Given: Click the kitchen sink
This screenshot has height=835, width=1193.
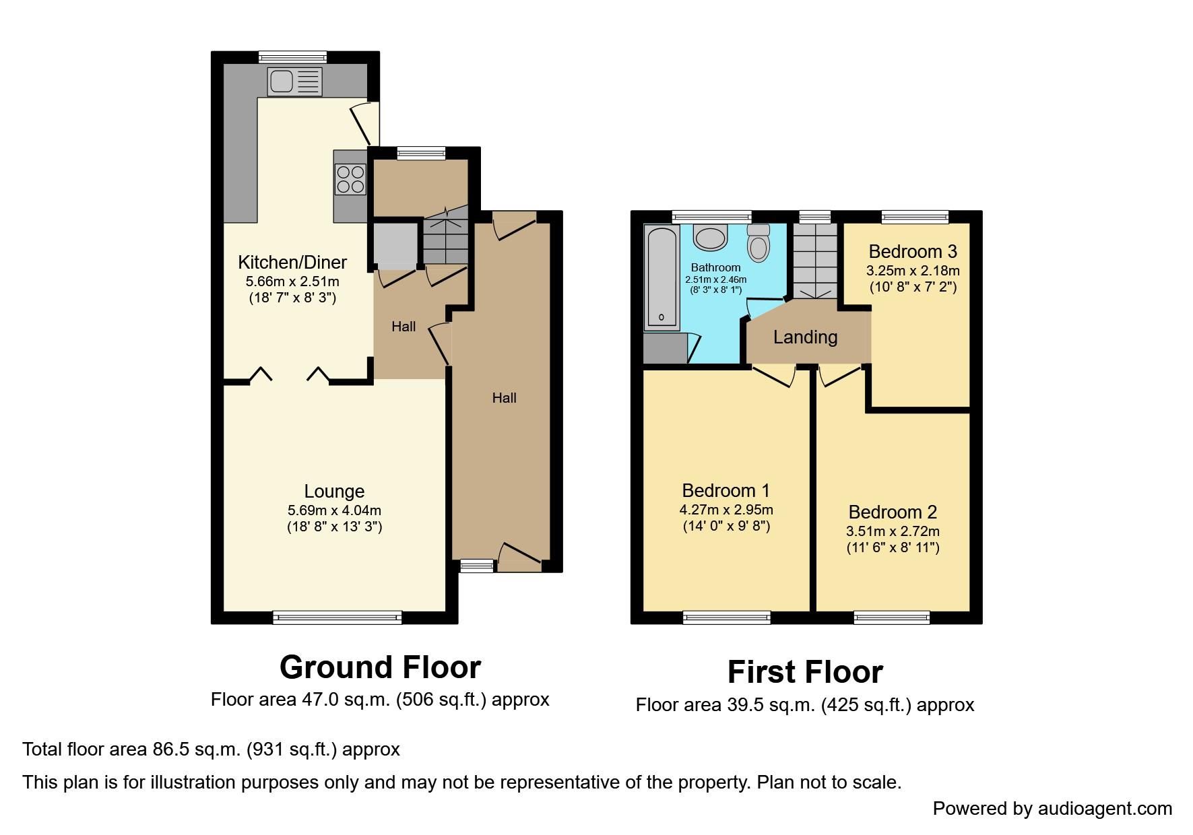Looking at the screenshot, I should pos(294,82).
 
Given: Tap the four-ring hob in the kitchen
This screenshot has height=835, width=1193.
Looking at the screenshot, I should pos(350,179).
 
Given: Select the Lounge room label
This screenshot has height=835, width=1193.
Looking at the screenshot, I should pos(334,492).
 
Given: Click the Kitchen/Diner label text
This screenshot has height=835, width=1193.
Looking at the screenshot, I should pos(292,262).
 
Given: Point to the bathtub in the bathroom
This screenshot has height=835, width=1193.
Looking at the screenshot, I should pos(662,277).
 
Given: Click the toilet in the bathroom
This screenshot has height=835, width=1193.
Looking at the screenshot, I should pos(759,242).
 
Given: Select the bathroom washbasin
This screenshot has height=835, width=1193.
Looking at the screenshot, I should pos(710,237).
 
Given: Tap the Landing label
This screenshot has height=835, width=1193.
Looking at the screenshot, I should pos(805,337).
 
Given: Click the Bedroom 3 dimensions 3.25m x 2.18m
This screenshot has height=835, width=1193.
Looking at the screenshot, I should pos(913,271).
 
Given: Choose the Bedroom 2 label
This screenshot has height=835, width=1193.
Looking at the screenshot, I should pos(893,512).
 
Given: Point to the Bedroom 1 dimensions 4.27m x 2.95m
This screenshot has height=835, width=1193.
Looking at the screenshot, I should pos(726,510).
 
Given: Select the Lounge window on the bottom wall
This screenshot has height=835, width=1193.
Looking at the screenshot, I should pos(337,617).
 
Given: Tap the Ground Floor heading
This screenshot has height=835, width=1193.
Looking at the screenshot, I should pos(380,667).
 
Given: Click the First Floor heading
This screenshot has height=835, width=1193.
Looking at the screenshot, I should pos(805,672).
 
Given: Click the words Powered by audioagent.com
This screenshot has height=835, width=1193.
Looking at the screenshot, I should pos(1052,809).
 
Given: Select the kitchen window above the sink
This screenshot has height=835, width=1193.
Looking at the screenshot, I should pos(292,57).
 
